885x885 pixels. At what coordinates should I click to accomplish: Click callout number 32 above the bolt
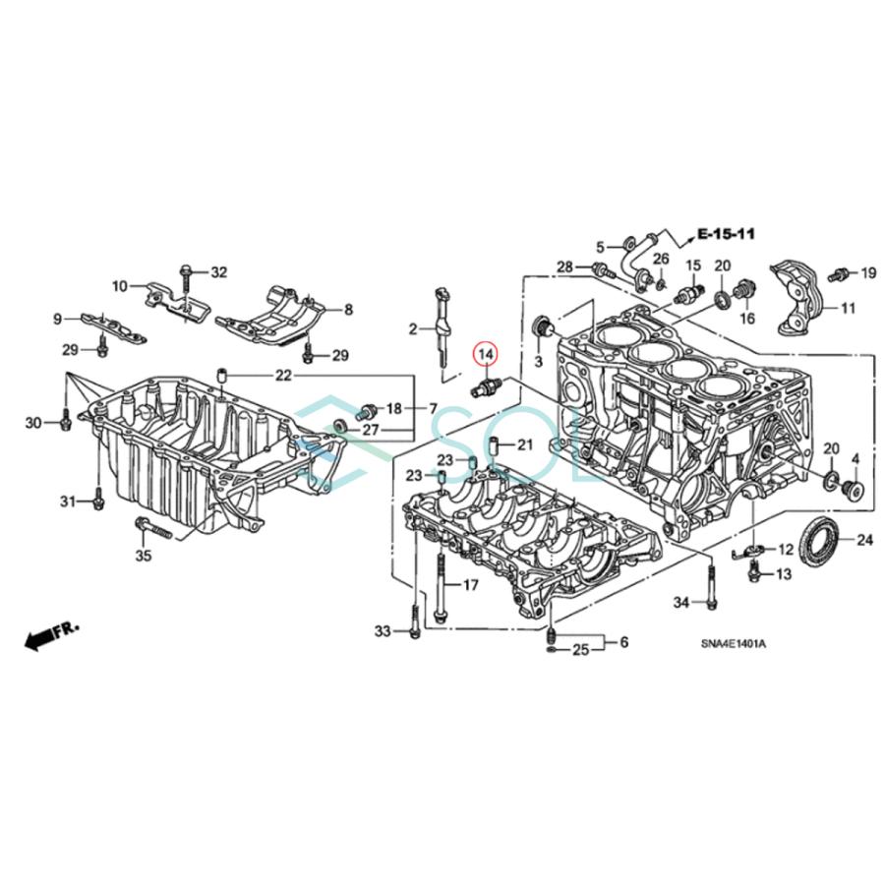click(218, 271)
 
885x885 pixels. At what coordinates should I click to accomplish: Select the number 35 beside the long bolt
click(144, 556)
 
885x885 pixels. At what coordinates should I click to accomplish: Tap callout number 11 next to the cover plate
click(848, 308)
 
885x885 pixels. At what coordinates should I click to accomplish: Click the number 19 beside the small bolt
click(868, 272)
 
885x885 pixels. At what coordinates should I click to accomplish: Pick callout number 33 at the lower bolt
click(383, 630)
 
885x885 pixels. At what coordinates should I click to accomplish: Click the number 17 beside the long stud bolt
click(469, 585)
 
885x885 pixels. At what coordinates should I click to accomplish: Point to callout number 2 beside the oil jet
click(414, 328)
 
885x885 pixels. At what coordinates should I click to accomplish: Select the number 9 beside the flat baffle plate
click(57, 318)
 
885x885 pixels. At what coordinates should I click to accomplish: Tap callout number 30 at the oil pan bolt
click(33, 423)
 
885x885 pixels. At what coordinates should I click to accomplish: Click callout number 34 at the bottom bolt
click(680, 602)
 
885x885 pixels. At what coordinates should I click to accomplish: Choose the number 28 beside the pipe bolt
click(564, 267)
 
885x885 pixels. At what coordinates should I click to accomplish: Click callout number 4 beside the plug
click(855, 459)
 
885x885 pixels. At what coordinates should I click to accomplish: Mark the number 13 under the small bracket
click(784, 573)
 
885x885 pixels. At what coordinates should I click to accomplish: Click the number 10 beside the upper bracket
click(120, 286)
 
